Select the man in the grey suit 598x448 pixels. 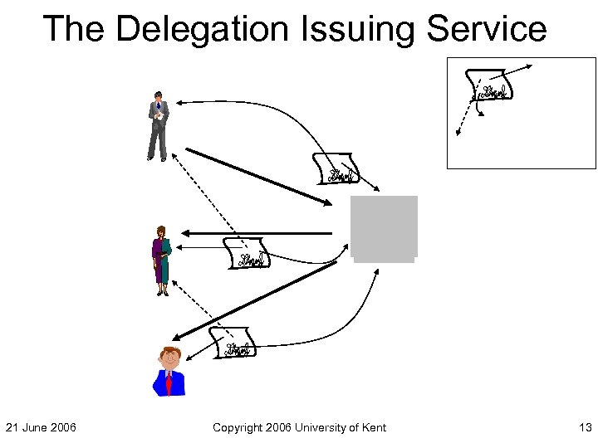[x=158, y=126]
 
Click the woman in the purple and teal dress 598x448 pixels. [x=161, y=260]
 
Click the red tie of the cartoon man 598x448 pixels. [x=169, y=383]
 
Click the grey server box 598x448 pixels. [x=384, y=228]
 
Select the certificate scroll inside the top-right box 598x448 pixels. [x=492, y=85]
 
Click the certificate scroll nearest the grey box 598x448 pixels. [x=337, y=168]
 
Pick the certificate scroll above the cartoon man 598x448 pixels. [x=233, y=343]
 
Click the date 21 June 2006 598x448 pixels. [x=41, y=427]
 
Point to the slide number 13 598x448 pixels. [x=585, y=427]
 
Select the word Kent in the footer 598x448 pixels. [x=372, y=427]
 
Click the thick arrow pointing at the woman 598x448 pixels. [x=257, y=232]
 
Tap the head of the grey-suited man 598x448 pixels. [x=158, y=96]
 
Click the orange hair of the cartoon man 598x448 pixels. [x=170, y=350]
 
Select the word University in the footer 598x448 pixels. [x=320, y=427]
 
